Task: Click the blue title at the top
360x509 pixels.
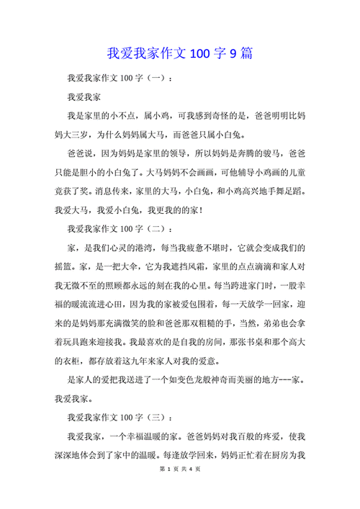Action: pos(179,53)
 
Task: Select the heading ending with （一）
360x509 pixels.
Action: pos(120,77)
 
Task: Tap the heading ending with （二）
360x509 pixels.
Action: pos(120,229)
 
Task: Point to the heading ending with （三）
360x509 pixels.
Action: pos(120,418)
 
